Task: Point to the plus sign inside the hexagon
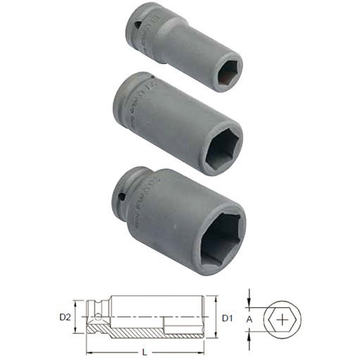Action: tap(283, 320)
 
